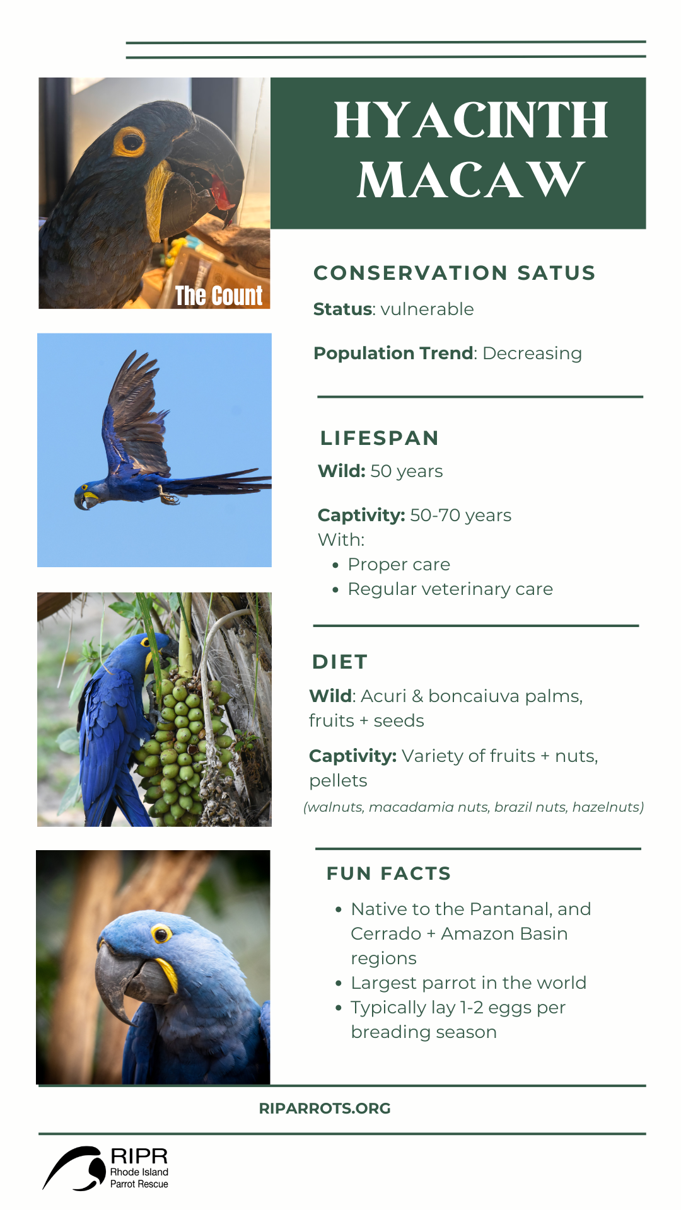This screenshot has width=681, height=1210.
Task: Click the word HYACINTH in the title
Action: point(470,120)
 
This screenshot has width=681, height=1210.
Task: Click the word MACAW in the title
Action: point(470,180)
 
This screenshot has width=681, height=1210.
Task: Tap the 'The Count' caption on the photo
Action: point(219,296)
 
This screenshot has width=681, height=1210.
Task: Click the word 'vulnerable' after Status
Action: point(427,309)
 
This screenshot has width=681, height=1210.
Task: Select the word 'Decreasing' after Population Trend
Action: point(532,354)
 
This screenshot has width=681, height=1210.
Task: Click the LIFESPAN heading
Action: point(379,438)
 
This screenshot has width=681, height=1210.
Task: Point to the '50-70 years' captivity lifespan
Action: point(460,516)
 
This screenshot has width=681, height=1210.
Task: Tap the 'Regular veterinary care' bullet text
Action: point(450,589)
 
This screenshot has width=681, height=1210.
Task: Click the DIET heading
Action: point(340,662)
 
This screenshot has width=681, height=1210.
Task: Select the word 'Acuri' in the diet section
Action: point(383,696)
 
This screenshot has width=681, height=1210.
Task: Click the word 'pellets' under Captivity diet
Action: point(338,781)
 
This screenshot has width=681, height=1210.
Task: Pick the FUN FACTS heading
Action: point(388,873)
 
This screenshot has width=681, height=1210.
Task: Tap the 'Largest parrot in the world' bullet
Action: point(469,983)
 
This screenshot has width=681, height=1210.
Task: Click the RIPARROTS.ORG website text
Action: point(325,1109)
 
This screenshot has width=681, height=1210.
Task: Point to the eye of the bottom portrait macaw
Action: point(161,933)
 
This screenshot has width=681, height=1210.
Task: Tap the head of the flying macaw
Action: point(86,495)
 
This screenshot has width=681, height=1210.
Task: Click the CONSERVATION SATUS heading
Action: point(454,273)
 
